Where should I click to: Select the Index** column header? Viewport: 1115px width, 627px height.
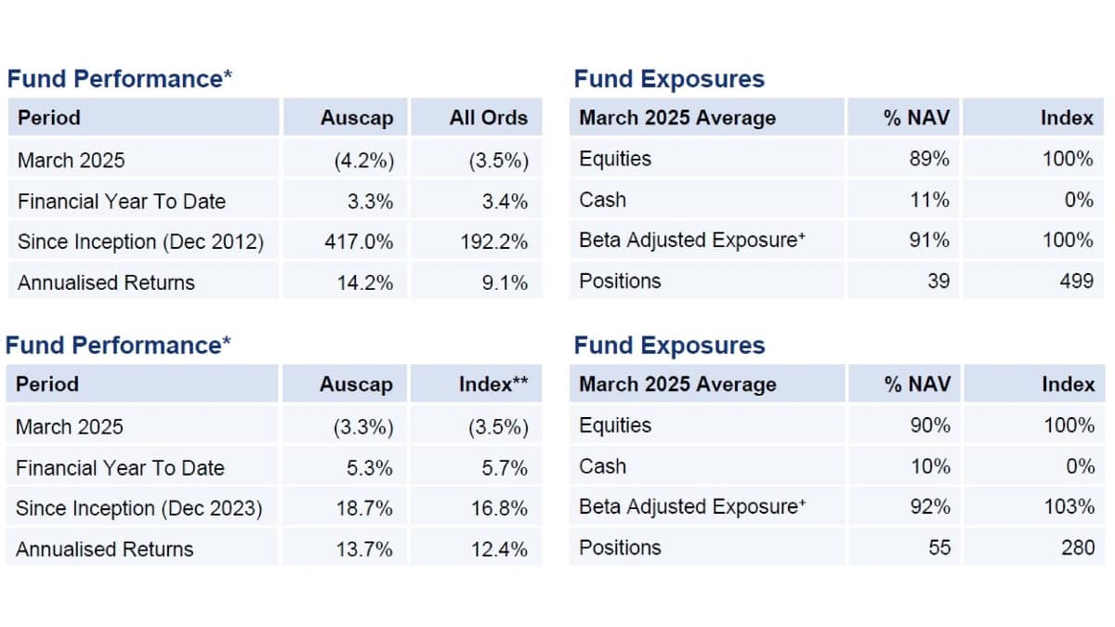coord(492,385)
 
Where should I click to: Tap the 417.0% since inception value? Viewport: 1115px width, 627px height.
coord(358,242)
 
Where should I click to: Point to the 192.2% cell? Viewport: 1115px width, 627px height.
coord(493,242)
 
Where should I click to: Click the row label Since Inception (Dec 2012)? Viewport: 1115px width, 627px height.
coord(140,242)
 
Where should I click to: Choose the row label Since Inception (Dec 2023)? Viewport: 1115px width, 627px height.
coord(139,508)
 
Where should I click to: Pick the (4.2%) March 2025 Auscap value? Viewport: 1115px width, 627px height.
coord(364,160)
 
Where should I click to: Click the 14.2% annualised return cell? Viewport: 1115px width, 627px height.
coord(365,282)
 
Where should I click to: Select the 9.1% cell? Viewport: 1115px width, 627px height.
coord(505,282)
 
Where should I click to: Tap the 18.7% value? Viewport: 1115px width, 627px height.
coord(365,508)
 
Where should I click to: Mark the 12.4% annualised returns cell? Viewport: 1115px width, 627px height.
coord(499,549)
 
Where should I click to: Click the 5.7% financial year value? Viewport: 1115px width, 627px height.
coord(505,467)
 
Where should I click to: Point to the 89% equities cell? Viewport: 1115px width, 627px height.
coord(929,159)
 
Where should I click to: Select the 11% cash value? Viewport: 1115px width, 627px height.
coord(929,200)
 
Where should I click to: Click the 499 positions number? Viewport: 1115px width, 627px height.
coord(1076,281)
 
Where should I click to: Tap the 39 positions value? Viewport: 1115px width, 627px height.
coord(938,281)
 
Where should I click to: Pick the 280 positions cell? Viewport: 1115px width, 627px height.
coord(1078,547)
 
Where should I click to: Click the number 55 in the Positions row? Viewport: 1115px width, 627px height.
coord(939,547)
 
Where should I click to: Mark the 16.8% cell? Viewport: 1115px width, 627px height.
coord(499,508)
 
